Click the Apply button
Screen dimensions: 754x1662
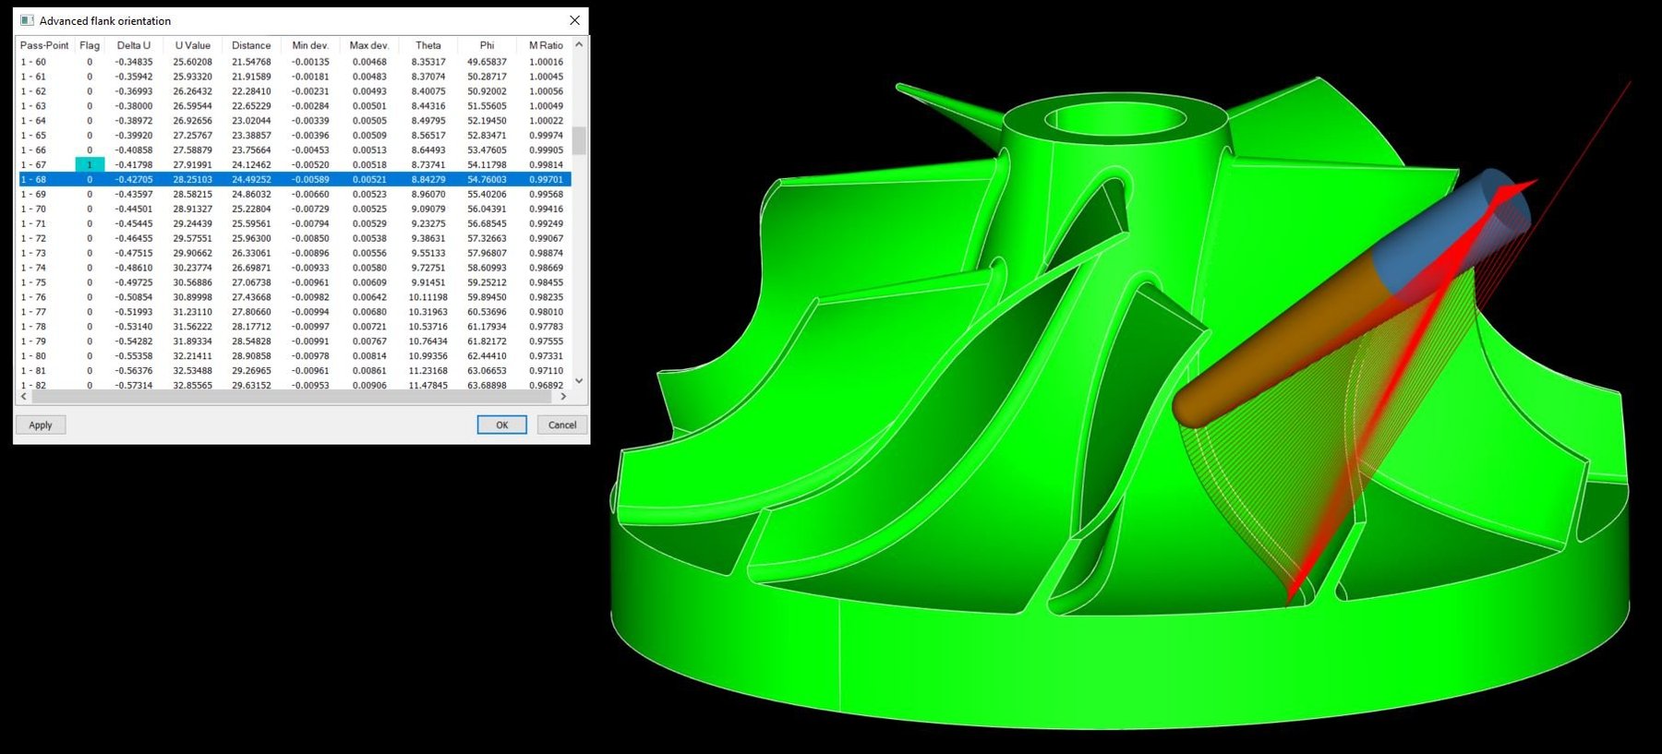(41, 425)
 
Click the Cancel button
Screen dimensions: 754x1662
(562, 425)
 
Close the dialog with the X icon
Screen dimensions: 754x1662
(574, 20)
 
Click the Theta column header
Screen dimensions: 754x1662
(428, 45)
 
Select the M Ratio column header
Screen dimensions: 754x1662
(546, 45)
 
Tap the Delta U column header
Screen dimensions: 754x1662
(134, 45)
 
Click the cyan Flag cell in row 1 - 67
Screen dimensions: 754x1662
(90, 164)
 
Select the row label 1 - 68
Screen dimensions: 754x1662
(33, 179)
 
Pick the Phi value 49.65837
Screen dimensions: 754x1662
(487, 62)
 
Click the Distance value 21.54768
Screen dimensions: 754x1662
(251, 62)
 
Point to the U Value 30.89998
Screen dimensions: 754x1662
(192, 297)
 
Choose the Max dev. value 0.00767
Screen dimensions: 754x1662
(369, 341)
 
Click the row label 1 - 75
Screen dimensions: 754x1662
(33, 282)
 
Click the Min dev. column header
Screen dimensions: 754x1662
(310, 45)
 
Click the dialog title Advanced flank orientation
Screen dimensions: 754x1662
(105, 20)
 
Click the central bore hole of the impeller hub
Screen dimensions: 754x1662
(1115, 120)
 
